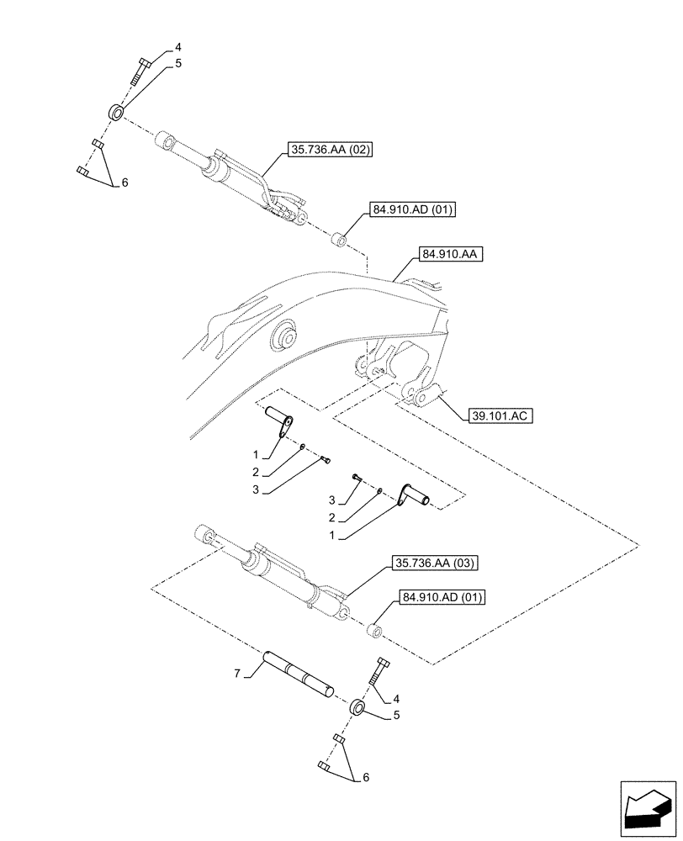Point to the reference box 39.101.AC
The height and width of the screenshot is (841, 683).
tap(496, 415)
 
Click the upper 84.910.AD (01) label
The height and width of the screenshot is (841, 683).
tap(410, 209)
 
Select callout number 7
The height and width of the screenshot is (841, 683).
tap(237, 673)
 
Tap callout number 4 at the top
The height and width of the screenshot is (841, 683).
tap(177, 46)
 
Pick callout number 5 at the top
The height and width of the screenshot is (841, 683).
tap(178, 63)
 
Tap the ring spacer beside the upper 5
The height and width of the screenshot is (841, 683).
tap(116, 111)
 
